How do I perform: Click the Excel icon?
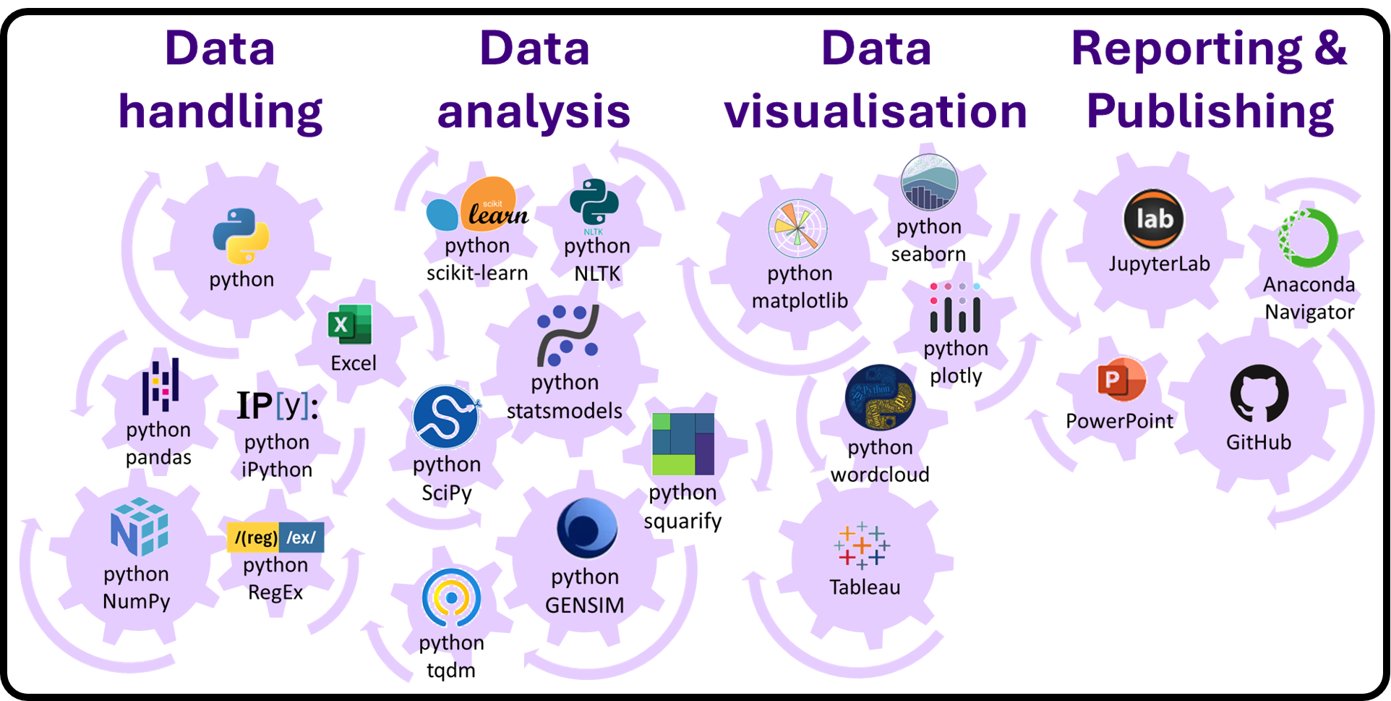350,324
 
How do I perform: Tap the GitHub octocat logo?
1259,394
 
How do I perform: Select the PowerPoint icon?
1121,379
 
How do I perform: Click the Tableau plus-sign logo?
862,545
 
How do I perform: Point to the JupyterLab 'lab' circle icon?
1154,219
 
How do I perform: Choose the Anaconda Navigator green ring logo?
1309,238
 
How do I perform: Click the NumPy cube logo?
139,527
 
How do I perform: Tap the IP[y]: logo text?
278,406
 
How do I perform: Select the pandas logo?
160,386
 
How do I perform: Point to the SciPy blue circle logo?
445,417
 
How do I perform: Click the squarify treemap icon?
682,443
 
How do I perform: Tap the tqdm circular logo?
451,598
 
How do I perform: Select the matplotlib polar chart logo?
797,229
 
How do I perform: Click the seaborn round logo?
929,183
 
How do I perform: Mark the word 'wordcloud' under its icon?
880,475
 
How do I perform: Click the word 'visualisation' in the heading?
876,111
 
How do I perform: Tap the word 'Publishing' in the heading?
1210,111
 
